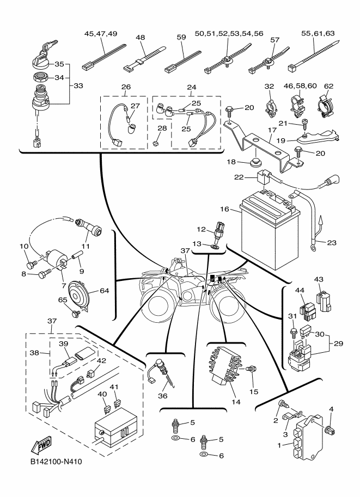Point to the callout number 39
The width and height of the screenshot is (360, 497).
click(63, 345)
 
